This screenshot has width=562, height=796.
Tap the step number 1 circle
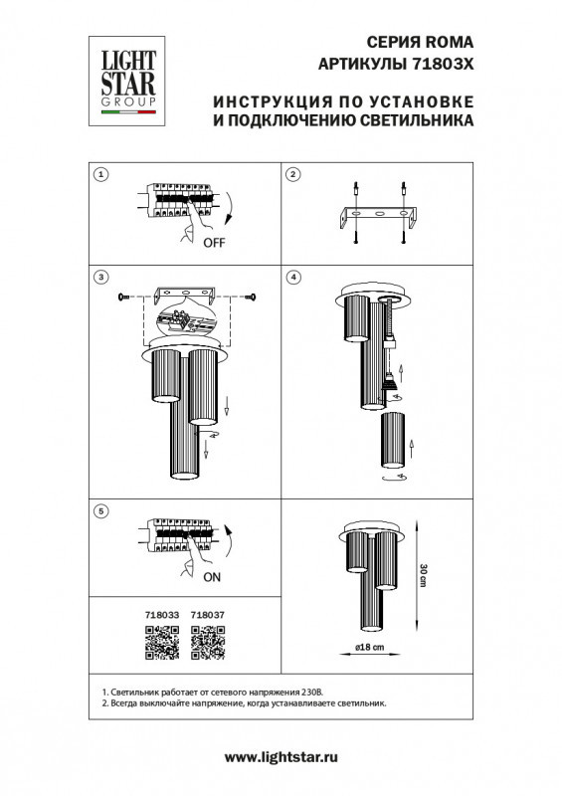tap(99, 176)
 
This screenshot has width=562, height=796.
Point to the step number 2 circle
tap(292, 176)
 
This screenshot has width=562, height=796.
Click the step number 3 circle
tap(99, 276)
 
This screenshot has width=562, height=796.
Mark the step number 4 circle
tap(292, 276)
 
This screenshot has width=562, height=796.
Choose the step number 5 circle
tap(99, 511)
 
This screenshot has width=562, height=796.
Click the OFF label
tap(214, 242)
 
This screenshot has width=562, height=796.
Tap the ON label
tap(212, 576)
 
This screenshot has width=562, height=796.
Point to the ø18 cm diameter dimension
tap(370, 648)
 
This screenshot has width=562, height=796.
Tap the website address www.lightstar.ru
tap(281, 757)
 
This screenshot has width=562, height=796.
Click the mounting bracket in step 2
tap(378, 216)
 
